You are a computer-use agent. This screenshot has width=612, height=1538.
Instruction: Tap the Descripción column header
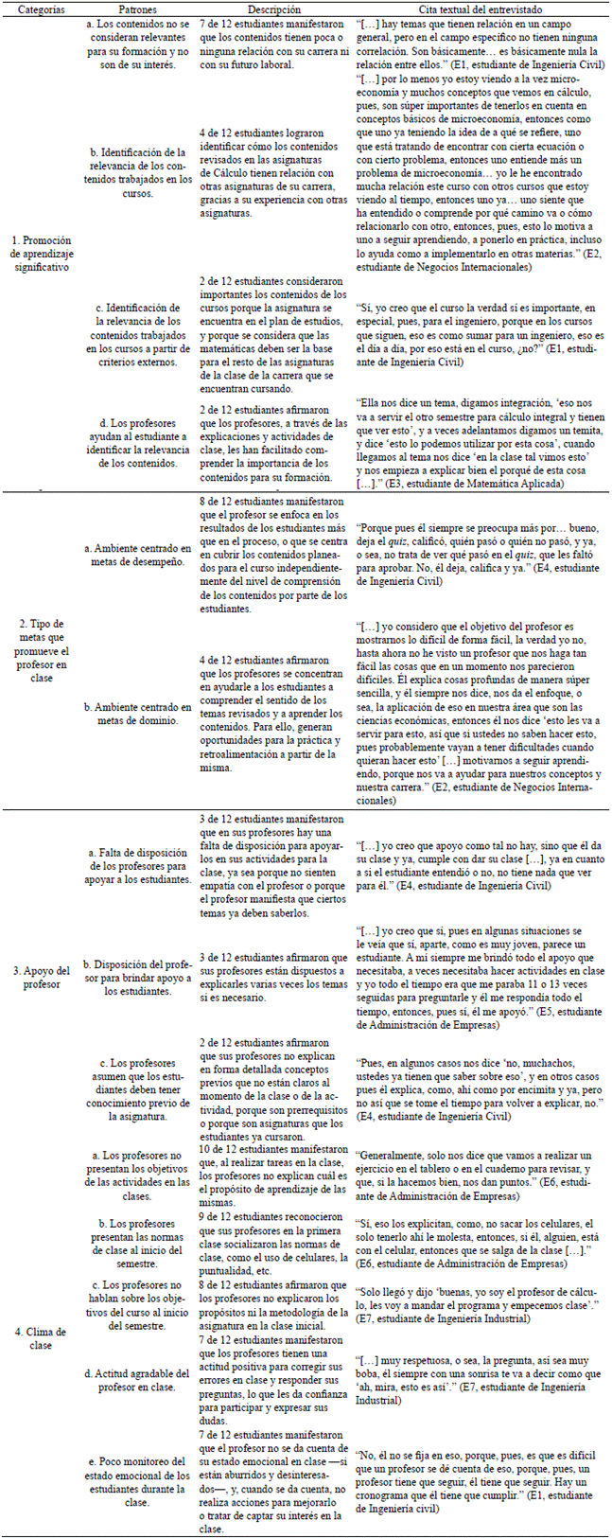coord(274,9)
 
